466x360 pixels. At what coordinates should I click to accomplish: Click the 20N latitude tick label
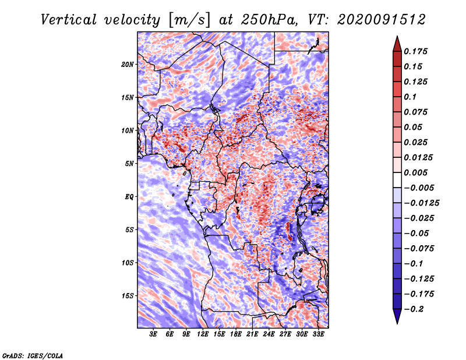pos(128,64)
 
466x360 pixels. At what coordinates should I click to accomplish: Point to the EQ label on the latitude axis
pos(129,196)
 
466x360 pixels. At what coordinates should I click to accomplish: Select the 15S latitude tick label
pos(128,295)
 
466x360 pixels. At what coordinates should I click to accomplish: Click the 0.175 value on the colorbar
pos(416,51)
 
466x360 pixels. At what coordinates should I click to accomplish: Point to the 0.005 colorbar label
pos(416,172)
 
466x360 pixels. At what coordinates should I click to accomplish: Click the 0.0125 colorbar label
pos(418,157)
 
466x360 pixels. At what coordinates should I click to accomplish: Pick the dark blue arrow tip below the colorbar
pos(397,319)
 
